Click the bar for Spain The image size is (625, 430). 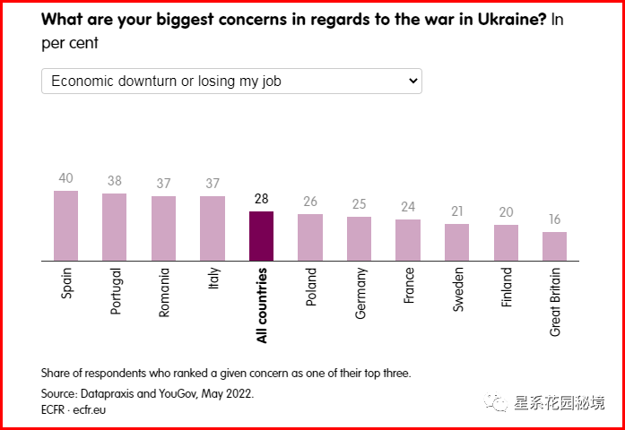[65, 226]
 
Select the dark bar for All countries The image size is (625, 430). [262, 236]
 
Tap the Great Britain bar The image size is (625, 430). [554, 246]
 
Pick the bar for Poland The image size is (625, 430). [310, 237]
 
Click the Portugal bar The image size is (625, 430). [115, 228]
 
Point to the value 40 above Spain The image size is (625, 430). [65, 178]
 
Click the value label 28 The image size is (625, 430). [262, 199]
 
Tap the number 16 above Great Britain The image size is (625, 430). [554, 219]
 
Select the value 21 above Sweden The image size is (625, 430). [456, 211]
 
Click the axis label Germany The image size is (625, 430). [360, 294]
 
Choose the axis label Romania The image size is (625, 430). [164, 292]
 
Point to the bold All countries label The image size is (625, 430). [262, 305]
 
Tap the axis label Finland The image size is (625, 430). [506, 287]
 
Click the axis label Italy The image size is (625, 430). [213, 279]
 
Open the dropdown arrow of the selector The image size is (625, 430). [413, 81]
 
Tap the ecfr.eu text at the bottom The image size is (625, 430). [90, 409]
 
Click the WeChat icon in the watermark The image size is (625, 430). [496, 403]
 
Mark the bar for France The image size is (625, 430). [408, 240]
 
